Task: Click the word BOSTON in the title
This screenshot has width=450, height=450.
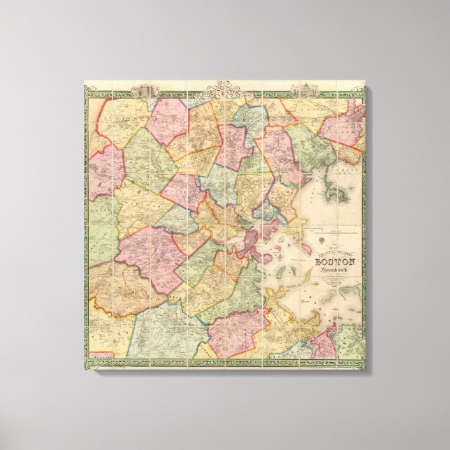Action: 335,262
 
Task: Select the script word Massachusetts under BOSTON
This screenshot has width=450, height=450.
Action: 335,270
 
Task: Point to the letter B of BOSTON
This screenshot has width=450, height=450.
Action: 319,262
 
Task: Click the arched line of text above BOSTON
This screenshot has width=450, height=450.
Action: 335,254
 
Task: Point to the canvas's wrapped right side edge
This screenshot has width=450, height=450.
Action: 367,231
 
